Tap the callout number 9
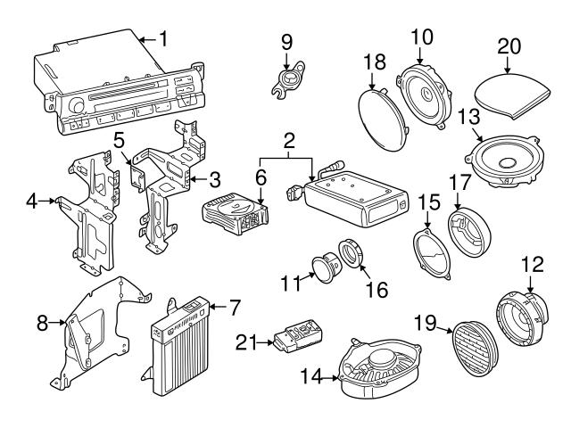click(x=286, y=41)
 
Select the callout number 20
click(x=509, y=45)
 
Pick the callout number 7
click(x=234, y=308)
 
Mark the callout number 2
click(x=289, y=140)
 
